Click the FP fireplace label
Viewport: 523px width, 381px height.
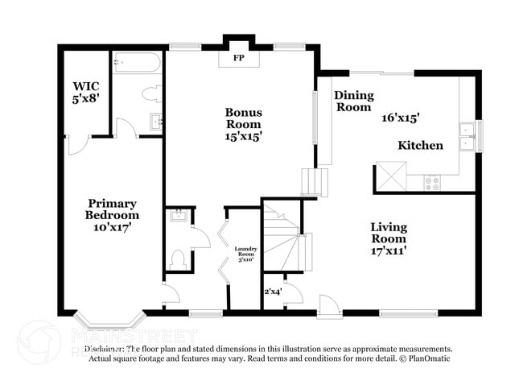239,59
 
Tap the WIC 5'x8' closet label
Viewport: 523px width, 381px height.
84,91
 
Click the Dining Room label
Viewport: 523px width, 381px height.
353,101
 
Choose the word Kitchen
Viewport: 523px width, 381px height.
421,146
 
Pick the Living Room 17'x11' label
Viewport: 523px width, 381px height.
389,238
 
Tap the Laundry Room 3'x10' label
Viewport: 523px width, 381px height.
245,255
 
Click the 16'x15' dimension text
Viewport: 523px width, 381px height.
401,118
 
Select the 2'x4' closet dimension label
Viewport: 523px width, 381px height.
273,292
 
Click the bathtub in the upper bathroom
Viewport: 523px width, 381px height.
138,63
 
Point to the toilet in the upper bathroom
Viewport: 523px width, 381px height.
151,94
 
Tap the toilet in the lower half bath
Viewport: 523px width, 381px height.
179,259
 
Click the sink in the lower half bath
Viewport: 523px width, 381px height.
178,216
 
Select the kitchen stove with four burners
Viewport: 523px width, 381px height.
433,182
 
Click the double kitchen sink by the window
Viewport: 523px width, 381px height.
466,137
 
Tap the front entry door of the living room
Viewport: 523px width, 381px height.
327,306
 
